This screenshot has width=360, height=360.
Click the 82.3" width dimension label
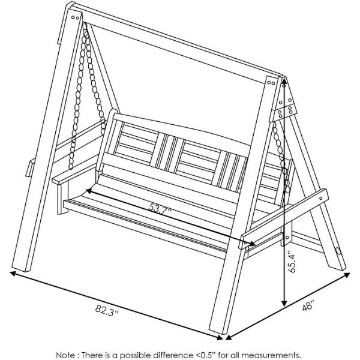(x=107, y=311)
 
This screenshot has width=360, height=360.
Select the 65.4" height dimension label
(x=292, y=262)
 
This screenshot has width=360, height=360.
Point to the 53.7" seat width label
(x=160, y=208)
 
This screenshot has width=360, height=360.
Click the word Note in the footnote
(x=65, y=355)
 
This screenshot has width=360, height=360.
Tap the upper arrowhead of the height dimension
(x=284, y=81)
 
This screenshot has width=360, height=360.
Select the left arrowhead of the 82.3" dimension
(x=13, y=273)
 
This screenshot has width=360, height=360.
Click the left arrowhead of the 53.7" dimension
(x=89, y=191)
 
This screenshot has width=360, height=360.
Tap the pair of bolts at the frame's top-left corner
(x=76, y=17)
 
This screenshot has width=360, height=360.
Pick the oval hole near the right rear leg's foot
(x=338, y=251)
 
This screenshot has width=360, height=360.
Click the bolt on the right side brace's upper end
(x=321, y=198)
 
